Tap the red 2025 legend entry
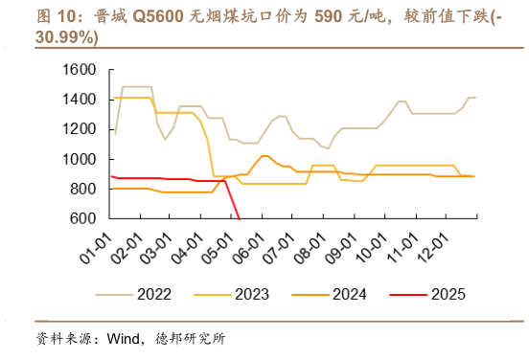click(x=448, y=294)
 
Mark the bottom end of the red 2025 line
click(x=239, y=219)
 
